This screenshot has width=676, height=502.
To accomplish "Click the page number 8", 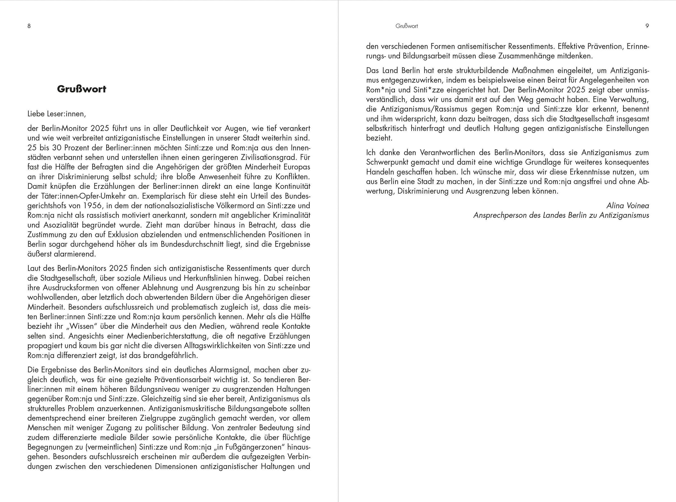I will [29, 26].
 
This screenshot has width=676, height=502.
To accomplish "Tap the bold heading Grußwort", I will [82, 89].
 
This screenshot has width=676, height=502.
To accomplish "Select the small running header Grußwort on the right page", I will [406, 26].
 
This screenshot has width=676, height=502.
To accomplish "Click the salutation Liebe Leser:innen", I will [57, 114].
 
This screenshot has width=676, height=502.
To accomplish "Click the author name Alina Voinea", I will [628, 206].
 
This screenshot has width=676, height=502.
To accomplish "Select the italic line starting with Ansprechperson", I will [561, 216].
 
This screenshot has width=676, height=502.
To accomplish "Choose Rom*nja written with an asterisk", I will [381, 90].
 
